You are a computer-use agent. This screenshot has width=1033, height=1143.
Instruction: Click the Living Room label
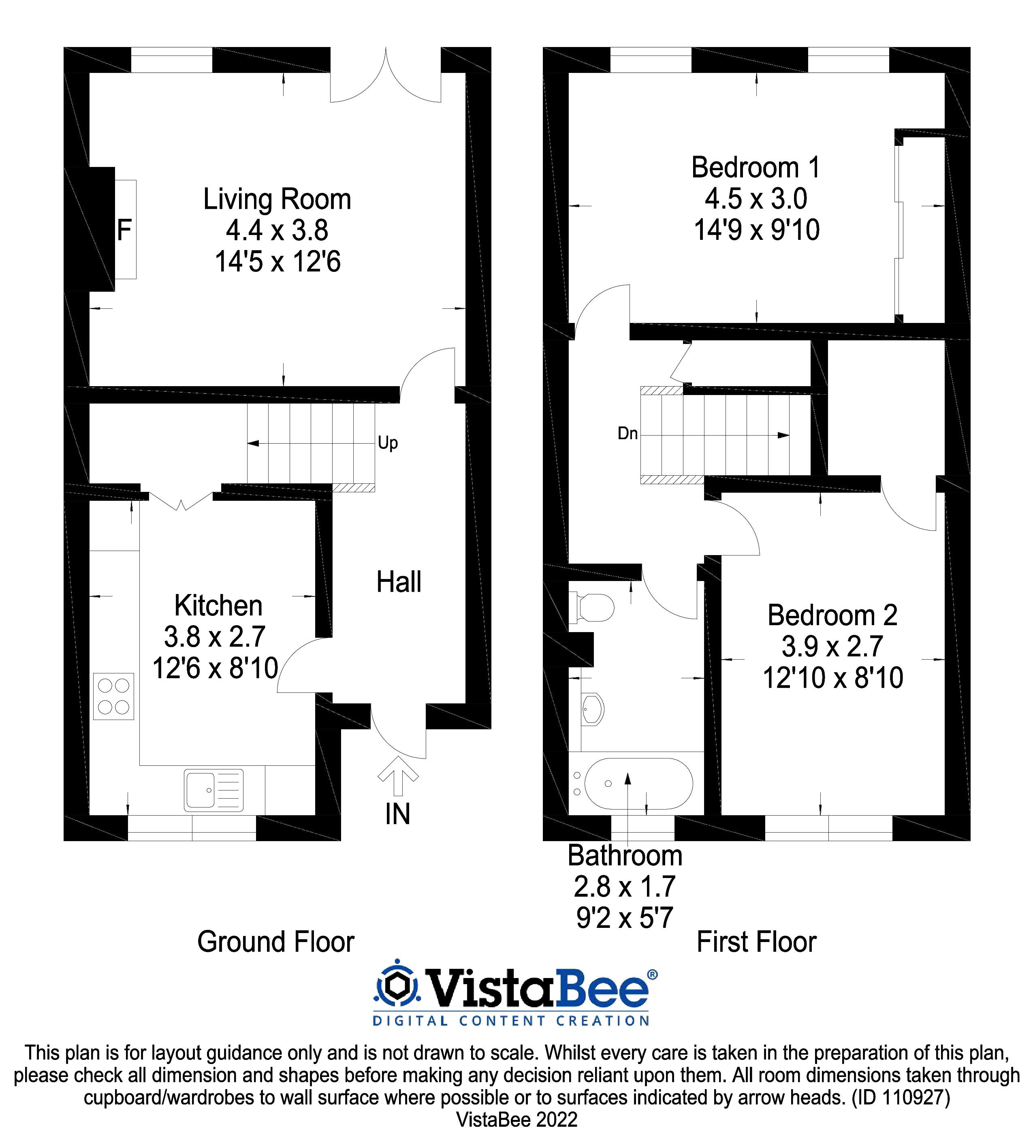tap(277, 200)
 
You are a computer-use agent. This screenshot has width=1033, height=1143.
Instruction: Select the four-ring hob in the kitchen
tap(113, 696)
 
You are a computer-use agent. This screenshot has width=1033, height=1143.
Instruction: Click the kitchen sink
tap(213, 790)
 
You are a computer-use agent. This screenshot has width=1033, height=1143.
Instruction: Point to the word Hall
tap(399, 582)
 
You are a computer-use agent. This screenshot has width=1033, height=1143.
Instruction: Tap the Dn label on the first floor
tap(627, 434)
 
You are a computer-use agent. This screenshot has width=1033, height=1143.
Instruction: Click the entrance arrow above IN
tap(397, 776)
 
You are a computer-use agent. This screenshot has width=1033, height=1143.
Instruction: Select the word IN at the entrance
tap(397, 814)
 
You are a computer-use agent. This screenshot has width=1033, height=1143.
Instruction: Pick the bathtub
tap(638, 784)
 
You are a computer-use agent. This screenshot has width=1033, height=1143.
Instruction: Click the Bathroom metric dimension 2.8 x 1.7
tap(624, 887)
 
